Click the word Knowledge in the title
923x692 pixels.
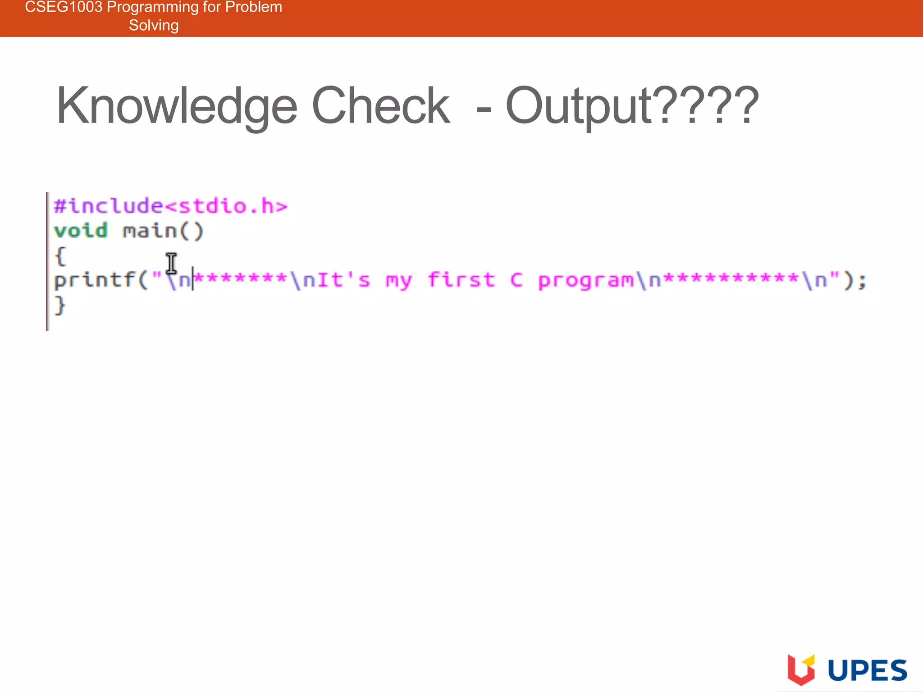[177, 106]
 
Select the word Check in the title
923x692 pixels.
[381, 106]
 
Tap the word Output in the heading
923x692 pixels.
[579, 106]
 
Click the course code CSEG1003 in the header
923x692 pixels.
[64, 7]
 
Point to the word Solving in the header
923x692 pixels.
[154, 25]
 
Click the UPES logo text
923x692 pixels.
[867, 670]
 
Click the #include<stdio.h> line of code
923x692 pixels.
[170, 206]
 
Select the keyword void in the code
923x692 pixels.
[81, 231]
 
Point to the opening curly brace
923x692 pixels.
[60, 256]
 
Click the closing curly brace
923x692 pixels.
[60, 305]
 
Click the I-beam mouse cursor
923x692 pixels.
[171, 263]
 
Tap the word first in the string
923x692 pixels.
[461, 280]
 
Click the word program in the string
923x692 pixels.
[586, 281]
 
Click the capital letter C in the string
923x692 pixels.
[516, 280]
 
